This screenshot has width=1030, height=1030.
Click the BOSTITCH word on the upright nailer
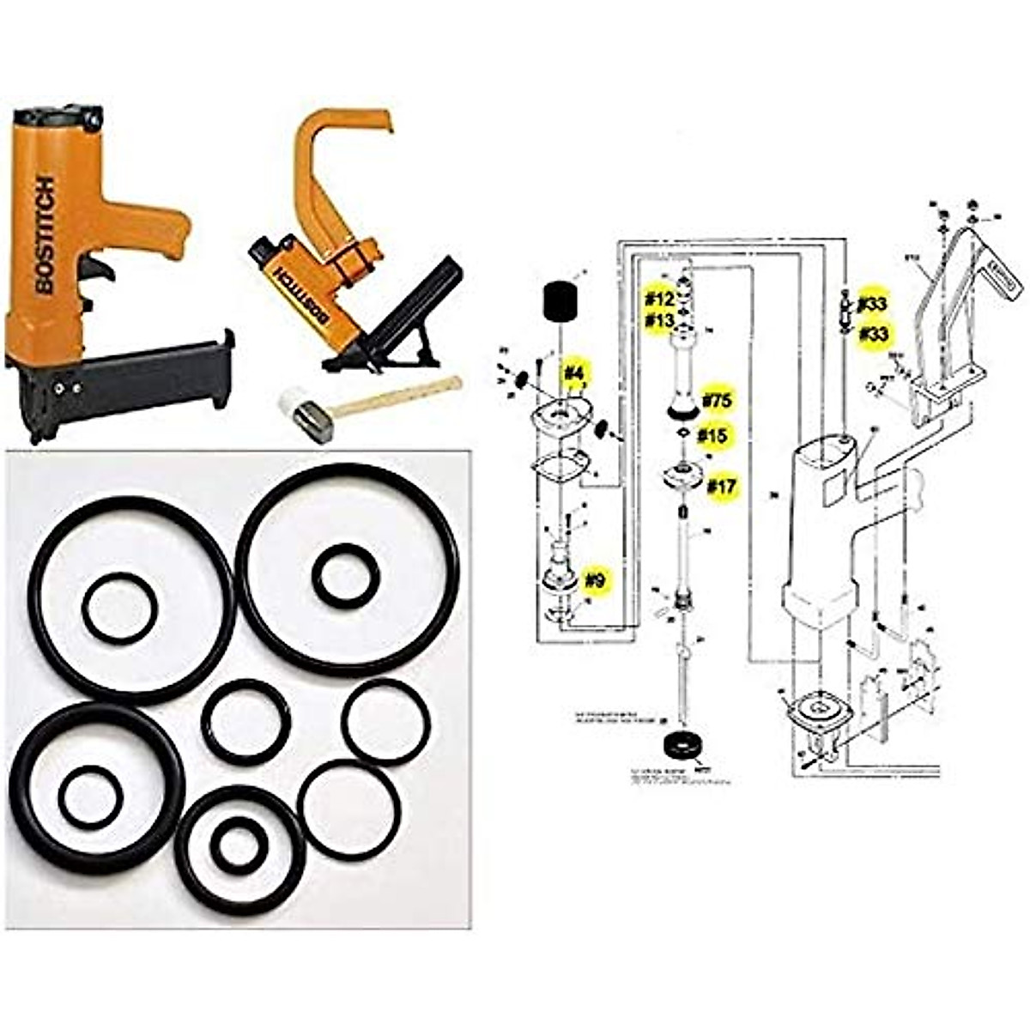pos(45,235)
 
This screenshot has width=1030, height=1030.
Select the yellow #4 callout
pos(573,373)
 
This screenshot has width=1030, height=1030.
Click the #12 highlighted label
pos(660,299)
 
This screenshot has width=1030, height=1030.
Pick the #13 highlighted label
pos(660,320)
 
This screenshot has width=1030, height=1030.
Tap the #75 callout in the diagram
pos(717,401)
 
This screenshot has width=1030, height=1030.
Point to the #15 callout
pos(712,436)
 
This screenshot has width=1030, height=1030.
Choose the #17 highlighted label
pos(722,487)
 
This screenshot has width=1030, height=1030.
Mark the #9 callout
pos(595,580)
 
